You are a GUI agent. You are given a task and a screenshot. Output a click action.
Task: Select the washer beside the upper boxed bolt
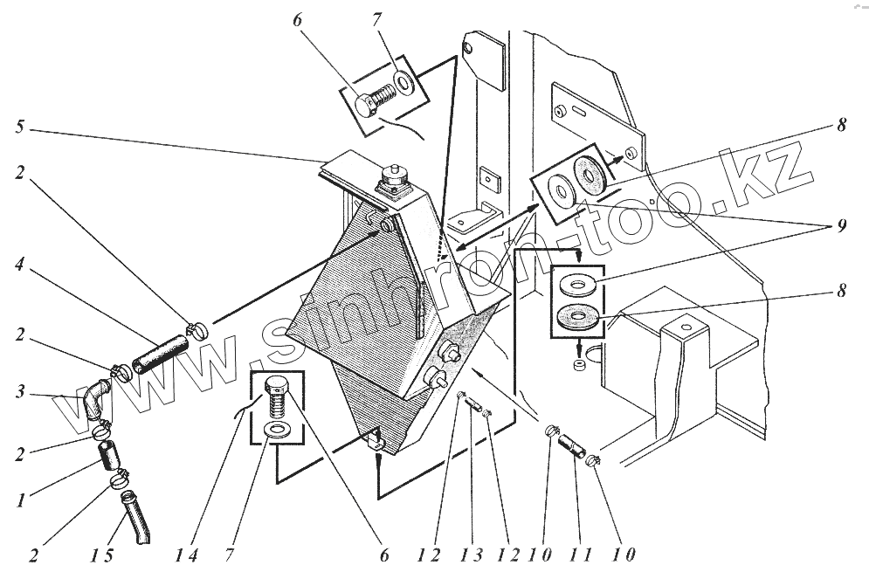click(404, 81)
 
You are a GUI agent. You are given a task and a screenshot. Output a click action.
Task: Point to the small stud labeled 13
click(477, 405)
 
